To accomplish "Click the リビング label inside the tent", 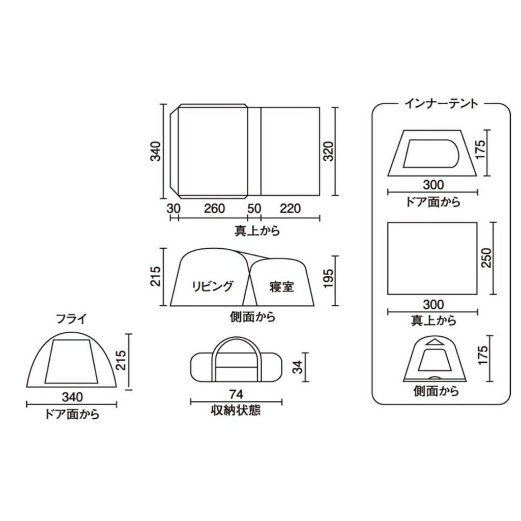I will [x=213, y=285].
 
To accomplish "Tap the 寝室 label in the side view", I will [x=282, y=286].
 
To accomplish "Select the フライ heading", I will [x=71, y=320].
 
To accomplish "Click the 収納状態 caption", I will [x=236, y=410].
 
